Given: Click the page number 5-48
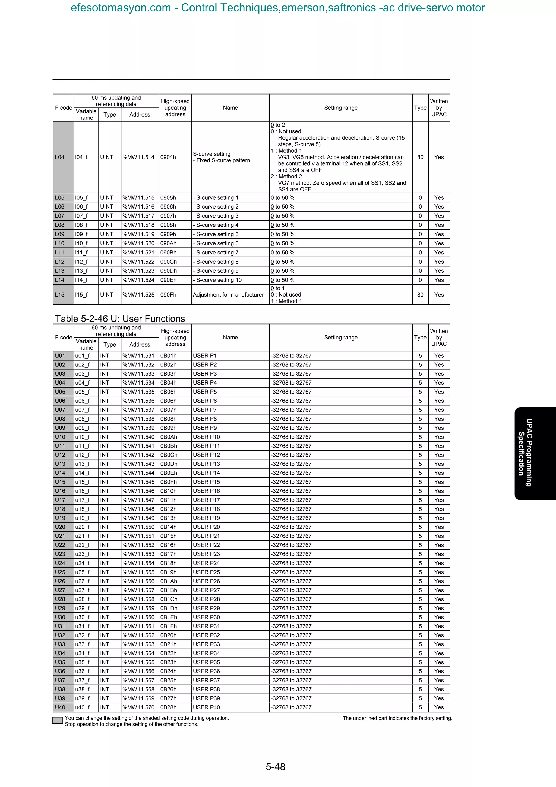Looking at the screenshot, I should click(x=276, y=766).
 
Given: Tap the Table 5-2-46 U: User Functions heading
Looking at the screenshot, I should click(x=120, y=319).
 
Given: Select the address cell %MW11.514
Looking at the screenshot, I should click(x=138, y=157).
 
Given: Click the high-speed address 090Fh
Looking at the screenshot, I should click(x=168, y=294).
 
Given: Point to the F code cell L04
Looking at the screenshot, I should click(x=60, y=157).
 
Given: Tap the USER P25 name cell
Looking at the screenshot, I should click(x=206, y=572).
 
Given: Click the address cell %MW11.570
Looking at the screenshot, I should click(x=138, y=707).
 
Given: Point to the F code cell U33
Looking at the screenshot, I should click(x=60, y=644).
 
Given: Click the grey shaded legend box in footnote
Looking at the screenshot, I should click(x=58, y=720).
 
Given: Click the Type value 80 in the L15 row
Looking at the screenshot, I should click(x=420, y=294).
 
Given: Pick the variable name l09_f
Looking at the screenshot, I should click(x=81, y=234).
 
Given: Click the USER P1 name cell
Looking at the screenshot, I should click(x=205, y=355).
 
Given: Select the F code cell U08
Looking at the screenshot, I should click(x=60, y=418).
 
